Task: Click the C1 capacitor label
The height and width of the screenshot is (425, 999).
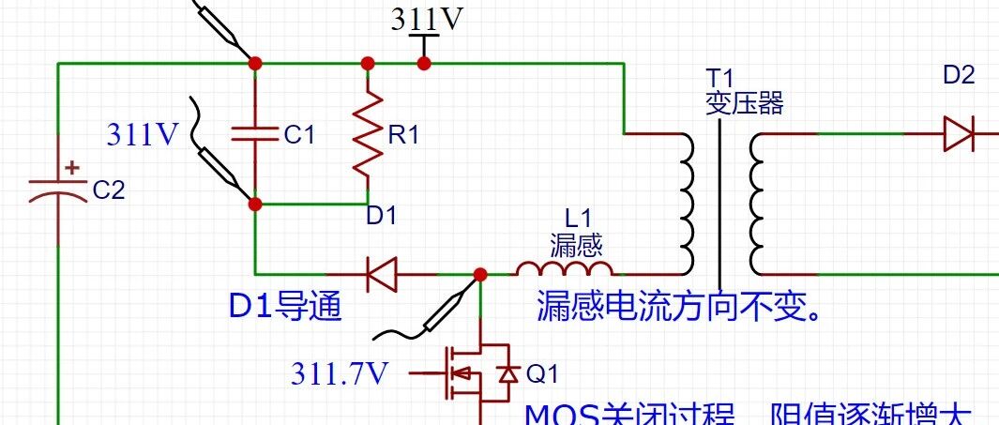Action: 299,135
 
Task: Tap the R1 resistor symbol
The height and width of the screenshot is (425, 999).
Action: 368,135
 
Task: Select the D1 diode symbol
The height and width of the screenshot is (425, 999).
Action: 381,275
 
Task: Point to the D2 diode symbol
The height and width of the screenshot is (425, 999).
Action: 959,134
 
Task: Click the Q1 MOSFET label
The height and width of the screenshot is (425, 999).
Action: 542,374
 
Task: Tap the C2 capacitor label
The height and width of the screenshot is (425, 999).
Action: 109,190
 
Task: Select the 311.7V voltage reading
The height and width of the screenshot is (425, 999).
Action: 340,374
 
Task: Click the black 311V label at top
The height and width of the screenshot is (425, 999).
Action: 427,21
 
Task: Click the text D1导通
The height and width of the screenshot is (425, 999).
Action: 285,308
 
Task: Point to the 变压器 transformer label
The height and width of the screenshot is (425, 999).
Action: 744,103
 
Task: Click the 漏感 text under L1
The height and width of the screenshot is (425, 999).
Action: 575,246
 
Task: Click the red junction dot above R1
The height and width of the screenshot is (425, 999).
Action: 368,63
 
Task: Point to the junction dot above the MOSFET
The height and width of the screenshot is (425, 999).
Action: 480,275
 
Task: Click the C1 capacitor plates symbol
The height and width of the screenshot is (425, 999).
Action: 255,134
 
